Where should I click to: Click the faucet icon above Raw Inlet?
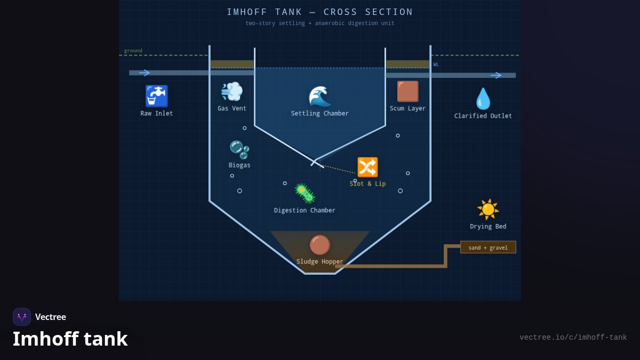(157, 96)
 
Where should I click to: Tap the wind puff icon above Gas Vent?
(231, 91)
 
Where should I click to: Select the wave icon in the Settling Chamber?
(319, 97)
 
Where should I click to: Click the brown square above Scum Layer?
(407, 91)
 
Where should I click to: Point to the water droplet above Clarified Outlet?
(483, 99)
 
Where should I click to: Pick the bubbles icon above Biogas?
(239, 150)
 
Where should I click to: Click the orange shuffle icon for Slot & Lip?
(367, 167)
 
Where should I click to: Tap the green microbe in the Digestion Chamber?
(305, 194)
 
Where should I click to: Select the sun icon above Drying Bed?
(488, 210)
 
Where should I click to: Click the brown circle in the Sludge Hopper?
(319, 245)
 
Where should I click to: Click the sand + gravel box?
(488, 247)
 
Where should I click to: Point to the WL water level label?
(436, 65)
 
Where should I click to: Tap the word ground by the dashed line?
(133, 51)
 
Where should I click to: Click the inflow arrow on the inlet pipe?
(145, 73)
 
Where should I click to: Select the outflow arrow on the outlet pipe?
(496, 75)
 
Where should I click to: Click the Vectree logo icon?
(22, 317)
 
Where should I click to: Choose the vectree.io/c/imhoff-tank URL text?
(573, 338)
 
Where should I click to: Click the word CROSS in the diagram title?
(340, 12)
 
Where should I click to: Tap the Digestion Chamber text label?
(305, 210)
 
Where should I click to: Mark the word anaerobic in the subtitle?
(330, 23)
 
